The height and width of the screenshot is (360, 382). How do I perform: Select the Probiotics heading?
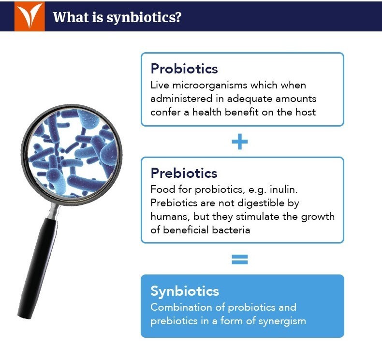tap(184, 69)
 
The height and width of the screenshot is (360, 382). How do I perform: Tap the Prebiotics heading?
tap(184, 173)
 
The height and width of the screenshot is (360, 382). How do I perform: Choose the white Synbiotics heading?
tap(185, 291)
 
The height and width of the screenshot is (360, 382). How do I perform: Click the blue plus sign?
tap(239, 142)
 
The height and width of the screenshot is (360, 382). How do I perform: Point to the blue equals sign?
tap(239, 259)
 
